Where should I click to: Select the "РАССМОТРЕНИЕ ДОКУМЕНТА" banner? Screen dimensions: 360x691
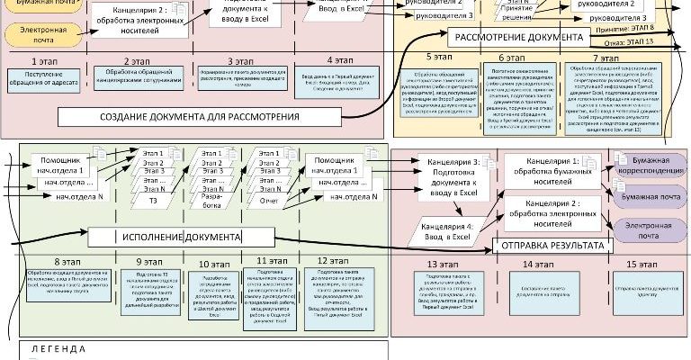click(520, 38)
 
